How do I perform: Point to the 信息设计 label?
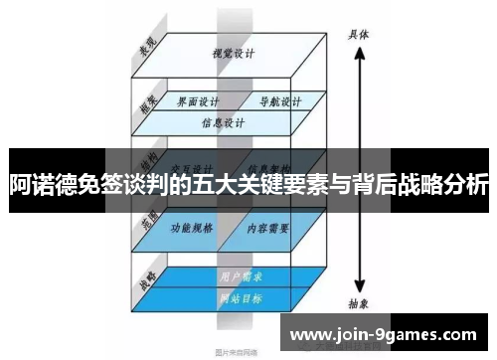click(223, 124)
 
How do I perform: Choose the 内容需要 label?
click(269, 228)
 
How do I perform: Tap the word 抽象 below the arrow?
click(359, 307)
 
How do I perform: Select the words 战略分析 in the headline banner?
click(443, 184)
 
